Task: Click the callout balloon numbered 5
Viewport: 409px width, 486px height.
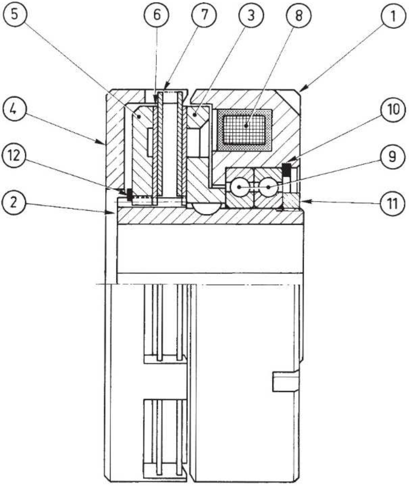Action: tap(15, 15)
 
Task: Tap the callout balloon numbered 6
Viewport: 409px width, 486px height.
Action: tap(156, 15)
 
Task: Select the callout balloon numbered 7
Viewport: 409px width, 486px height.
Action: tap(204, 15)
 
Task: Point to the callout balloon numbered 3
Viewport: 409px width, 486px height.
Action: tap(251, 15)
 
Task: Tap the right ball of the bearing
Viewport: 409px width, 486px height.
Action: tap(269, 187)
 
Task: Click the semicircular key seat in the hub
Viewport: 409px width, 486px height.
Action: tap(206, 208)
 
